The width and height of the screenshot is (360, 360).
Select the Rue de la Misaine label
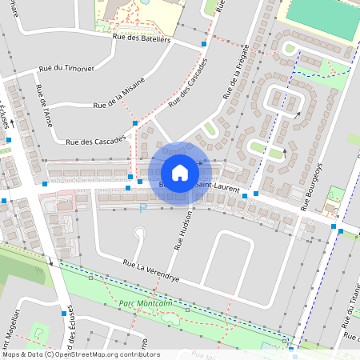[119, 94]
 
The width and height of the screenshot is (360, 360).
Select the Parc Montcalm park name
[141, 304]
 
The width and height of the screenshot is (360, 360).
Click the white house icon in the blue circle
[180, 172]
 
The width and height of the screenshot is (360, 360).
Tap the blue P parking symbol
[143, 208]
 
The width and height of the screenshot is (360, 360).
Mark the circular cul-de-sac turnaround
[139, 234]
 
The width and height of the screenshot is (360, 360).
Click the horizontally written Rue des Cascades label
[96, 142]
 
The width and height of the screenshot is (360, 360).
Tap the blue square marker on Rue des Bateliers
[205, 43]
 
